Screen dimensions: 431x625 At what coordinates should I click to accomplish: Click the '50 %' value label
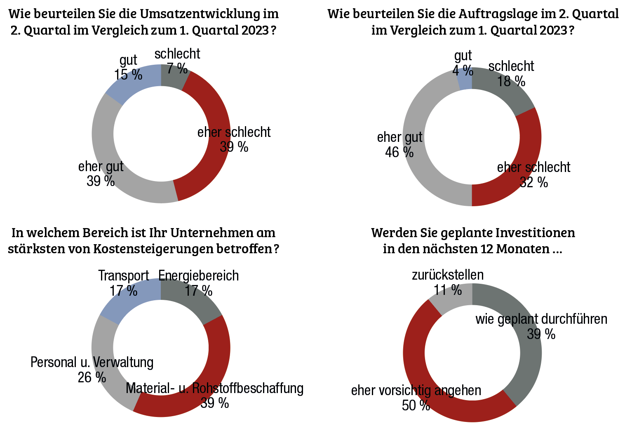pyautogui.click(x=416, y=405)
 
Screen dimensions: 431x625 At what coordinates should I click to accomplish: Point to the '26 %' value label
pyautogui.click(x=92, y=377)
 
